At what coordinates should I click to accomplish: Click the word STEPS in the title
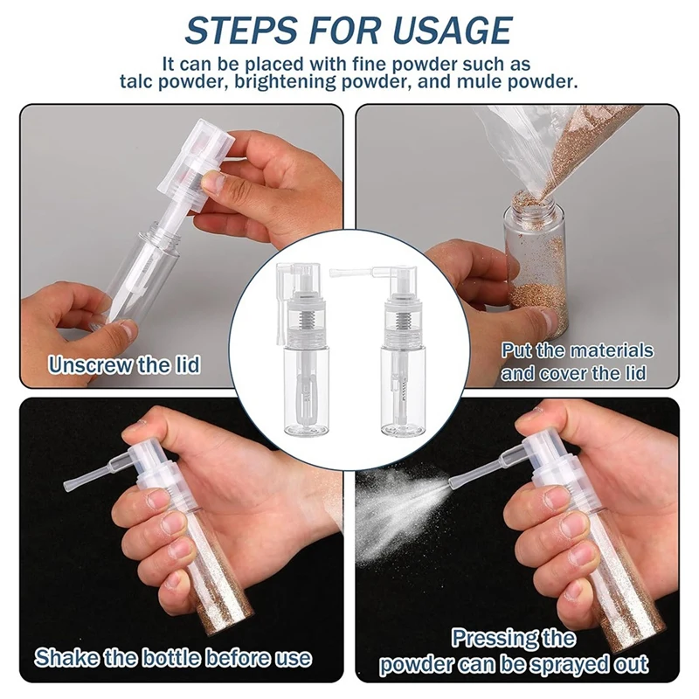pyautogui.click(x=233, y=31)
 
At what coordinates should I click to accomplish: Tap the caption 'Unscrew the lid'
pyautogui.click(x=124, y=364)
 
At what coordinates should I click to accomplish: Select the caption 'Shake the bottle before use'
pyautogui.click(x=172, y=656)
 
